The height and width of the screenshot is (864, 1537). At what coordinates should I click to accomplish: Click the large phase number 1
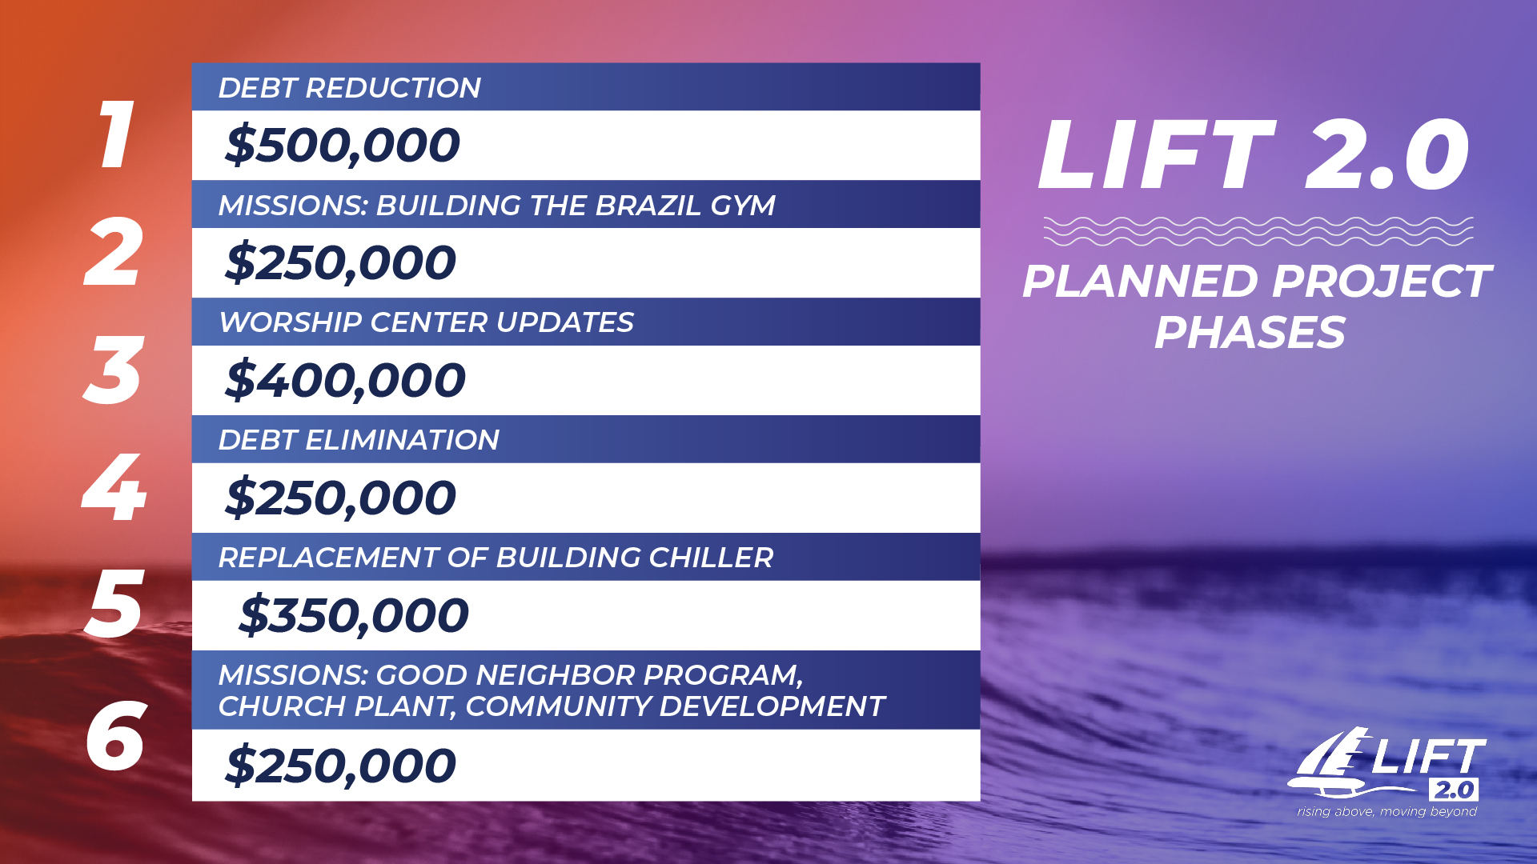pyautogui.click(x=116, y=134)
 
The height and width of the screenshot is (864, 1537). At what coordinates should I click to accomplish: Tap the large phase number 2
pyautogui.click(x=114, y=252)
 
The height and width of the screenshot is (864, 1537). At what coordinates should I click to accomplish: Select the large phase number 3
pyautogui.click(x=114, y=370)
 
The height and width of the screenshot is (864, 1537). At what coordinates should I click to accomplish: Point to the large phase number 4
pyautogui.click(x=114, y=487)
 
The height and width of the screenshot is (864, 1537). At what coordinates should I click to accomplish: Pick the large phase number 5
pyautogui.click(x=114, y=605)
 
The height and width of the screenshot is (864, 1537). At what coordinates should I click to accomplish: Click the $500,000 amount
pyautogui.click(x=343, y=146)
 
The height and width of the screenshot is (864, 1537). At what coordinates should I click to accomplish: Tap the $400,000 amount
pyautogui.click(x=345, y=380)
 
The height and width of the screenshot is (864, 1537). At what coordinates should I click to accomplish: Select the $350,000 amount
pyautogui.click(x=354, y=615)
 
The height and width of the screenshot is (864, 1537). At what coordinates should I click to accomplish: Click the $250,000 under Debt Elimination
pyautogui.click(x=340, y=498)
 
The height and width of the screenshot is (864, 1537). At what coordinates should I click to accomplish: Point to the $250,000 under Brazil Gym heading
pyautogui.click(x=340, y=262)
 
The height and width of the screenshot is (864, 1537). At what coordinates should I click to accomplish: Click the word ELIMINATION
pyautogui.click(x=402, y=440)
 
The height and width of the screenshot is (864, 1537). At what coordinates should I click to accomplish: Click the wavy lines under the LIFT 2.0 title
pyautogui.click(x=1258, y=231)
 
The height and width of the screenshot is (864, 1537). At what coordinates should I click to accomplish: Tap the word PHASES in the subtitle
pyautogui.click(x=1250, y=333)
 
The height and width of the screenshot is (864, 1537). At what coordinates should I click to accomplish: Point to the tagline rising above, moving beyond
pyautogui.click(x=1387, y=811)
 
